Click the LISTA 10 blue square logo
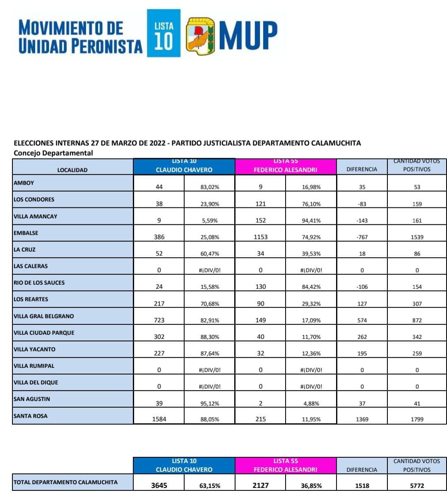point(164,33)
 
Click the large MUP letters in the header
point(248,35)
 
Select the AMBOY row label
point(24,183)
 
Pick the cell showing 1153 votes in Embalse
point(260,237)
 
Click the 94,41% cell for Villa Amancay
point(311,221)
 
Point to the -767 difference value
point(362,237)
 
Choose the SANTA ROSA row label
point(31,416)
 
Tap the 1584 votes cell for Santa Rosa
point(159,419)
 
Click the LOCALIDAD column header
point(72,170)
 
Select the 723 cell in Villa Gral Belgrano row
point(159,320)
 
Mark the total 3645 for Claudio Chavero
point(159,485)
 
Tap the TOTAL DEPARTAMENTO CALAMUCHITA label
point(65,482)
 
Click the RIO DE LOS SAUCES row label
point(39,283)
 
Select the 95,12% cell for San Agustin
point(210,404)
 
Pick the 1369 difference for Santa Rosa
point(362,419)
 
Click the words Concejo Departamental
point(53,153)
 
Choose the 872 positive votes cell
point(417,320)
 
